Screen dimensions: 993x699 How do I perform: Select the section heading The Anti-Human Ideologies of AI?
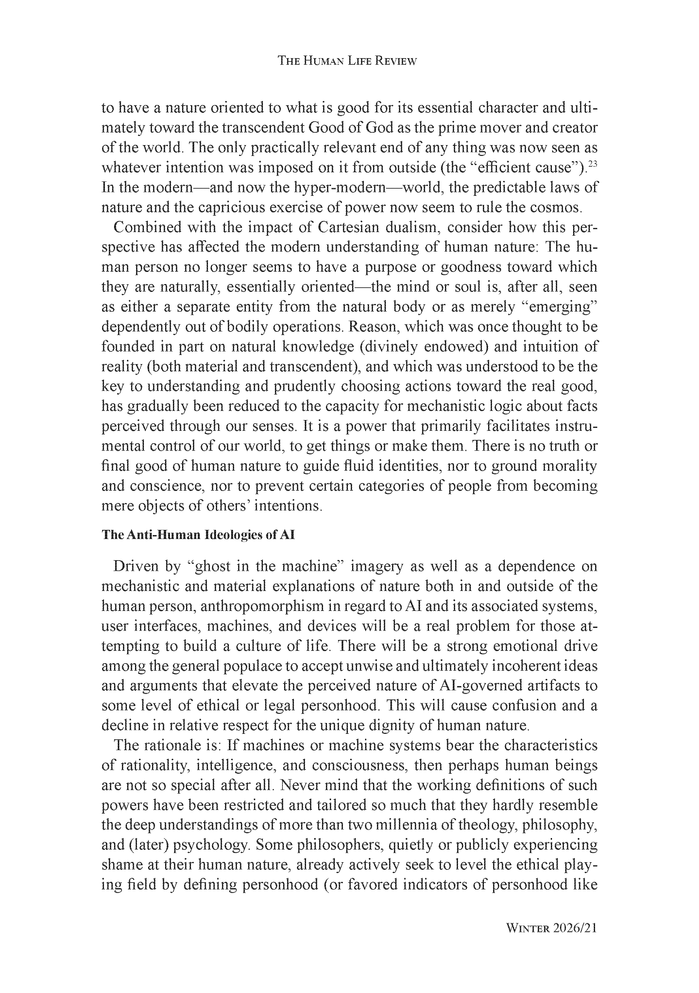click(198, 535)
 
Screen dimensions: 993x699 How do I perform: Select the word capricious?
click(232, 208)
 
